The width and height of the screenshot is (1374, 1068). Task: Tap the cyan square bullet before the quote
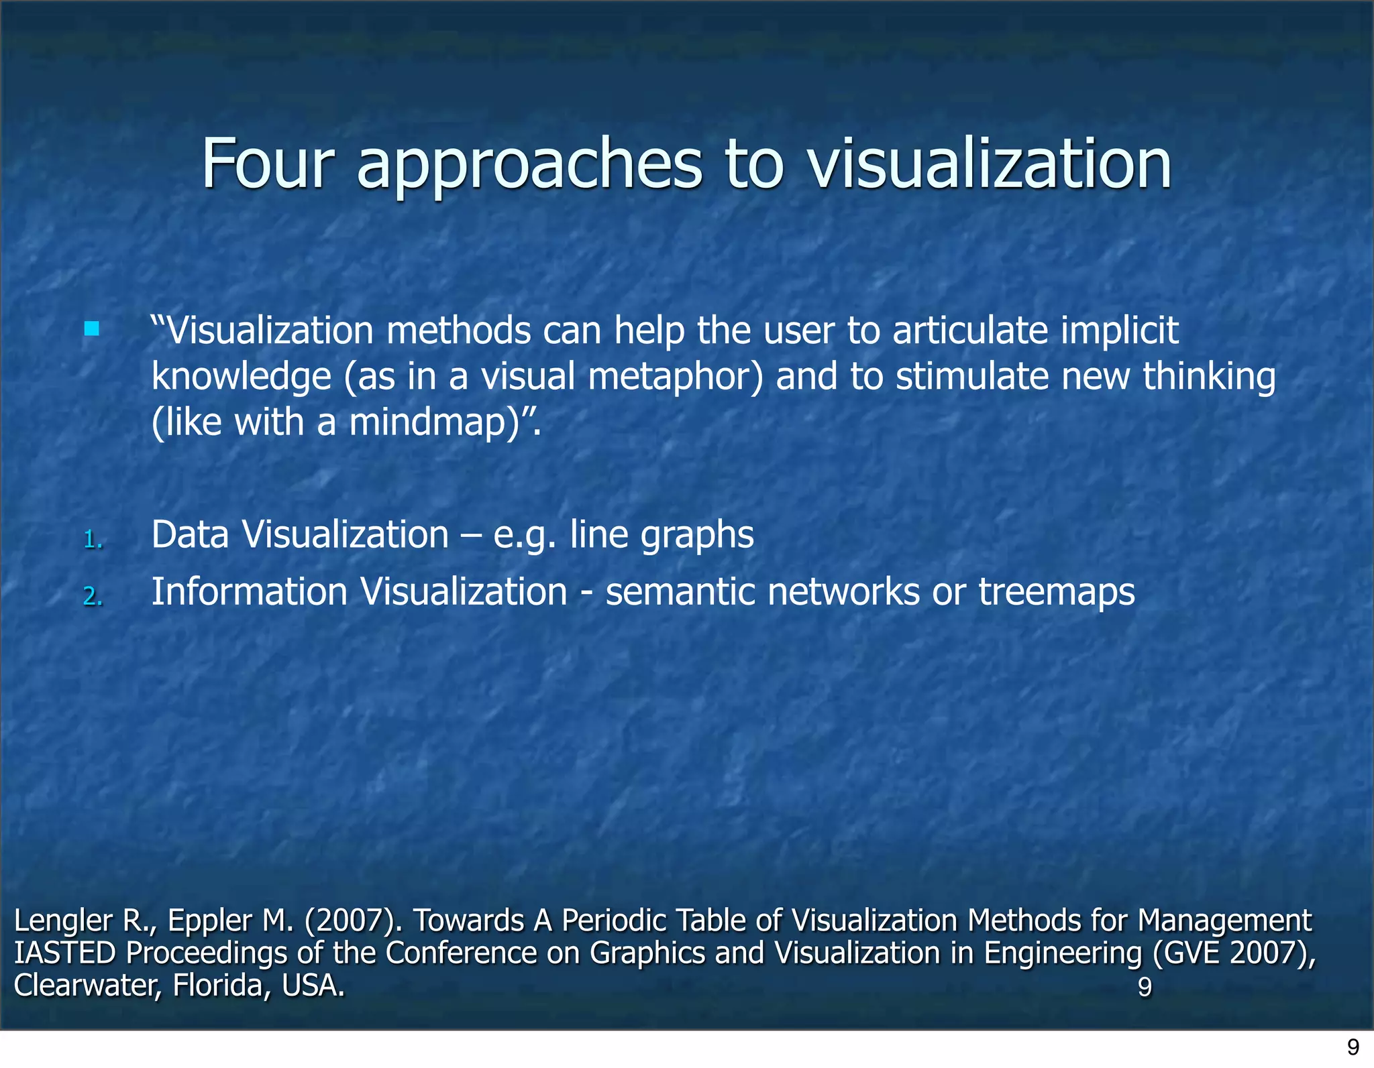pyautogui.click(x=92, y=329)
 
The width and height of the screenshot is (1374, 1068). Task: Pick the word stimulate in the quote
pyautogui.click(x=972, y=376)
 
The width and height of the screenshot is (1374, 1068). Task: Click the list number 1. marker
pyautogui.click(x=93, y=539)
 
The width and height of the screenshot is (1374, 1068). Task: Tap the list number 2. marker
pyautogui.click(x=93, y=596)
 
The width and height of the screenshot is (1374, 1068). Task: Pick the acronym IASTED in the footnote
pyautogui.click(x=65, y=953)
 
